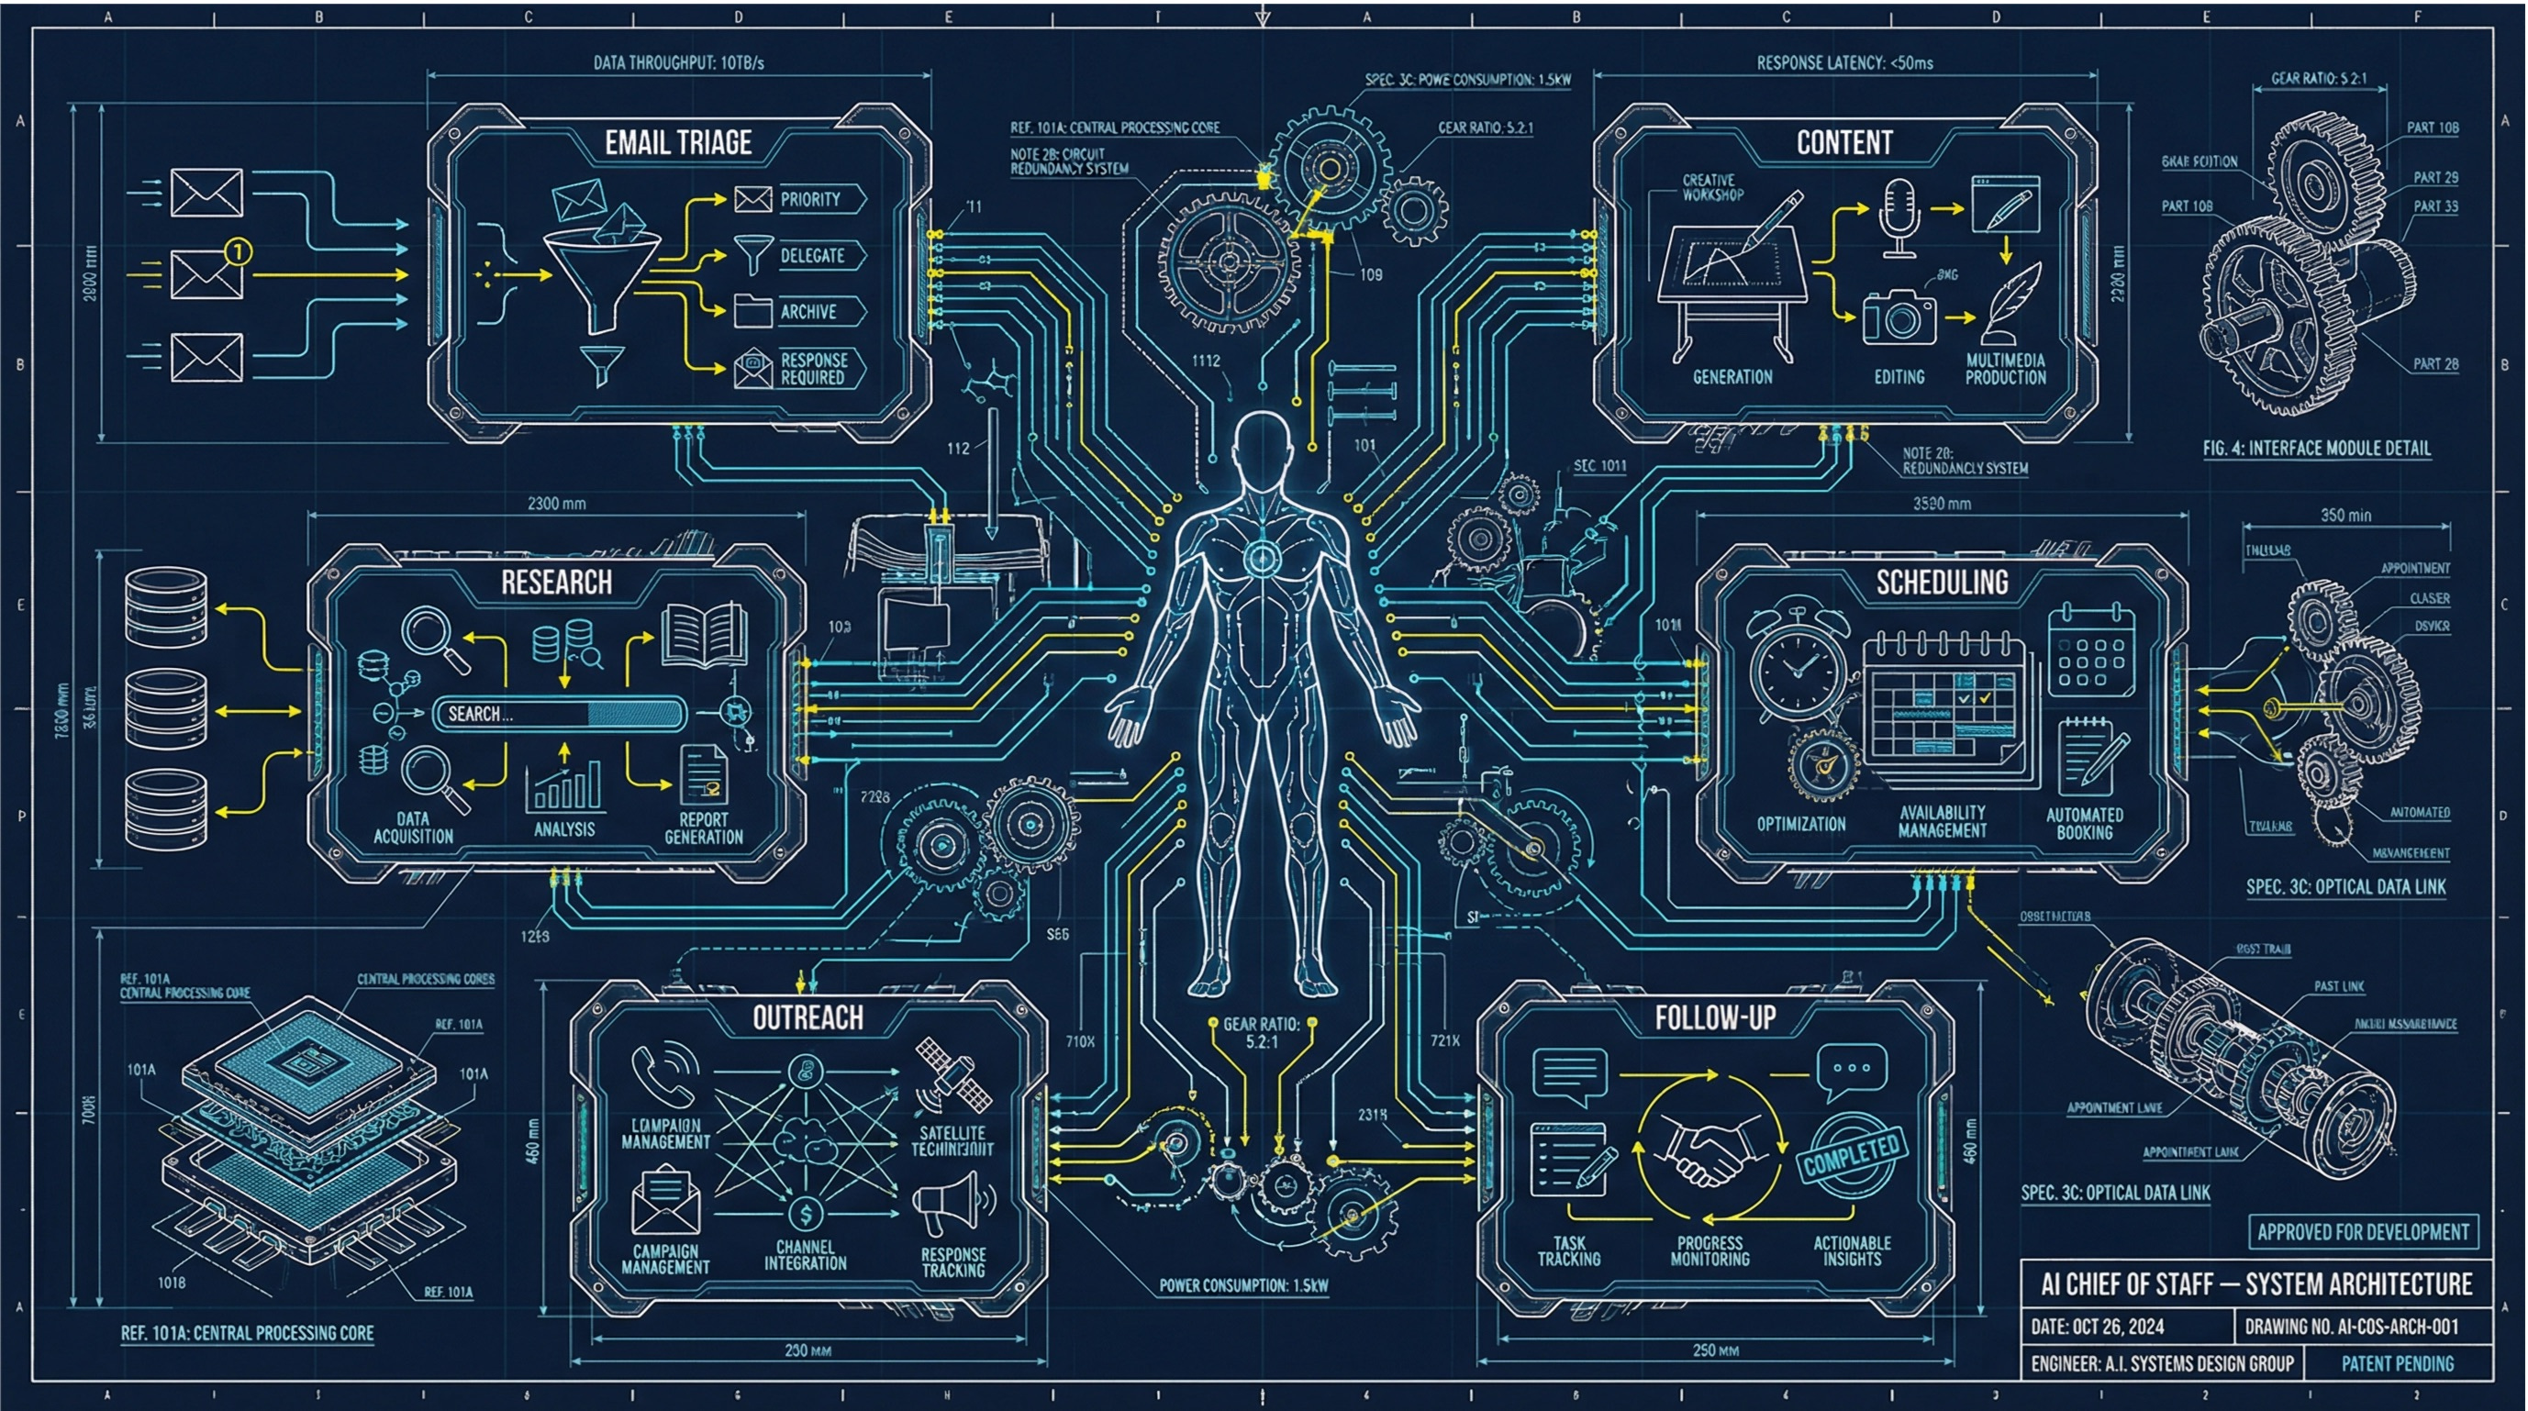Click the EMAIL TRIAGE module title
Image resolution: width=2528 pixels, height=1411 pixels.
(678, 143)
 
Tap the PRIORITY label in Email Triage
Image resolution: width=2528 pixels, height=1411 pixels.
(809, 199)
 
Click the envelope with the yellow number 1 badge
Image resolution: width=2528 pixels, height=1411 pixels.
(208, 272)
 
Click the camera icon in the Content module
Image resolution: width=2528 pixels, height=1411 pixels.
(1899, 317)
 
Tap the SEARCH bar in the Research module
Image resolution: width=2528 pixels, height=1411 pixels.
(559, 715)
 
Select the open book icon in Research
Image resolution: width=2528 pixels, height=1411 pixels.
(704, 635)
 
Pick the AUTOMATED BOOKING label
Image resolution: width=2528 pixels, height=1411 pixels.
(2085, 823)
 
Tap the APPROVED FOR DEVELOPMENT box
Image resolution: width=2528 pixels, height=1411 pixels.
(2362, 1231)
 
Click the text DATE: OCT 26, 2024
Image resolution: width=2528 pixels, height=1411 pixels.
(2097, 1327)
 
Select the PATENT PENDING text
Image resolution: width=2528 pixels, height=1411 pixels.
(2397, 1363)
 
